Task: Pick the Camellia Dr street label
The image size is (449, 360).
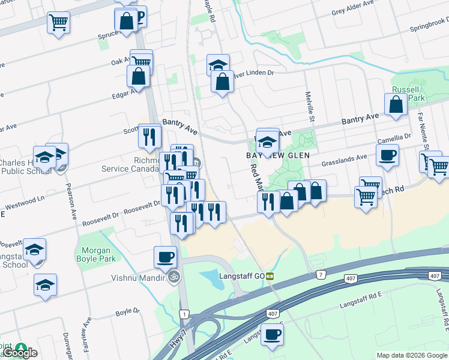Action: coord(394,139)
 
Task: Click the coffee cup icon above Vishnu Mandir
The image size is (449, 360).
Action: coord(165,256)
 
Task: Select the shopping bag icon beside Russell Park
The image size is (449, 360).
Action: coord(397,104)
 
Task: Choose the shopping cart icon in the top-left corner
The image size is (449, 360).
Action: coord(58,23)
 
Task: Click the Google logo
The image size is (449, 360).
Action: coord(20,353)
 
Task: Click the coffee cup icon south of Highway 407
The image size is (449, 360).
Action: coord(272,334)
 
